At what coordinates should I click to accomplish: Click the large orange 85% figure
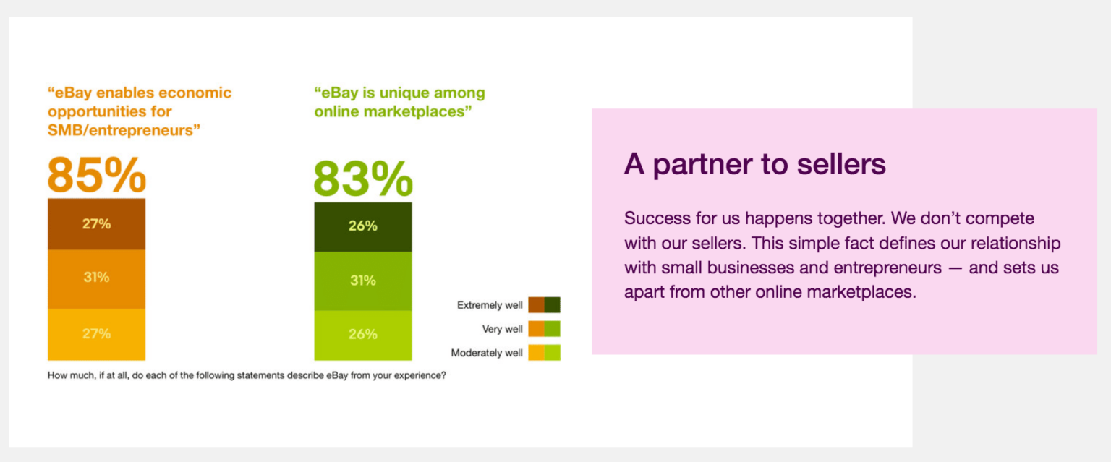[97, 175]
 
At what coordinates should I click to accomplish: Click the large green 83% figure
[363, 179]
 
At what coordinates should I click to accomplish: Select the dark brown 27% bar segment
[97, 224]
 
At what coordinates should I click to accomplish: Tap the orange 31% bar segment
[97, 279]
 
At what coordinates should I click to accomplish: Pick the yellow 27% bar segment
[97, 335]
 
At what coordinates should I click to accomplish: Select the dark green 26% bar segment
[363, 226]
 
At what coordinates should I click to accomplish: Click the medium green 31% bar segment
[363, 281]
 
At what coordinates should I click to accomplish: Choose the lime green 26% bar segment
[363, 335]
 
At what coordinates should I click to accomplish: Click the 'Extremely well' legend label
[490, 305]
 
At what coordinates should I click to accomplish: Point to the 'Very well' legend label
[502, 329]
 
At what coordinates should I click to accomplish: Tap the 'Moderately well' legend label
[487, 353]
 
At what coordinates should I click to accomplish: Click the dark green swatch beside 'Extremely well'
[553, 305]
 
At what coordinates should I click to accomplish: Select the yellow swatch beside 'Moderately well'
[536, 352]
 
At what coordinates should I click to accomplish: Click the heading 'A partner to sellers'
[754, 164]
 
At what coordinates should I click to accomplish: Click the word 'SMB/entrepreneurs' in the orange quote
[124, 130]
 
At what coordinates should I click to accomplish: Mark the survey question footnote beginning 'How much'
[247, 376]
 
